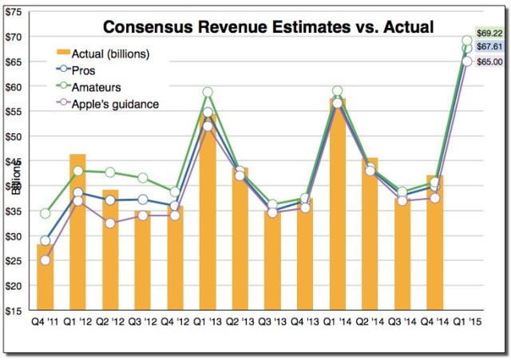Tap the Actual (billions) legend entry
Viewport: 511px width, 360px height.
tap(117, 54)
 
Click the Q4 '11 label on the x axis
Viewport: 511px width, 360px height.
tap(45, 322)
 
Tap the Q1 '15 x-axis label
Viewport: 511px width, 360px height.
tap(466, 322)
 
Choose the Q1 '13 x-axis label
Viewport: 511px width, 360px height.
tap(208, 322)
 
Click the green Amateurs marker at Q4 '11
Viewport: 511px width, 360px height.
tap(45, 213)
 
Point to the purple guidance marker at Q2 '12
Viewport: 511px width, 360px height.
tap(110, 224)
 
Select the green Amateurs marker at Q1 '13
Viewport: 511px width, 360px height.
tap(208, 93)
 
